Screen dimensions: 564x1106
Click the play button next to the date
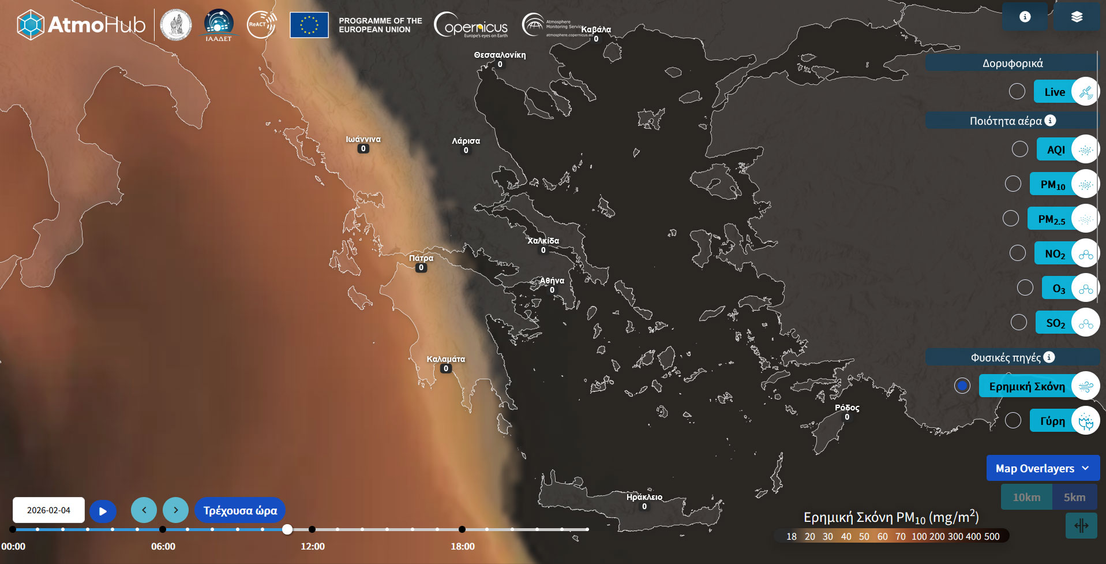pos(103,511)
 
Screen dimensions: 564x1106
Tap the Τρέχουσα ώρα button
pos(240,510)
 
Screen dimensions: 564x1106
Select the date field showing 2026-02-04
pos(48,510)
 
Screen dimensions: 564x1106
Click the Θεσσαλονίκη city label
pos(500,55)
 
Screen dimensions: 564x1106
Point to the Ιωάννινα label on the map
pos(363,140)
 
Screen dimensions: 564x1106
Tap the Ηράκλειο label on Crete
pos(644,497)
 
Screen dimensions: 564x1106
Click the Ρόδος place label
pos(847,408)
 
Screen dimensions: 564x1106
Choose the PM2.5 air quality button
pos(1051,219)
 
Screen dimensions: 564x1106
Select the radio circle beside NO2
pos(1017,253)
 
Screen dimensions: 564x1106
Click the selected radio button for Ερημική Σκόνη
pos(962,386)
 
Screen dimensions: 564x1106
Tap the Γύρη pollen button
pos(1052,421)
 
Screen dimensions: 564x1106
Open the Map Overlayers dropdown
pos(1043,468)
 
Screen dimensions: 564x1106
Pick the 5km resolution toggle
pos(1074,497)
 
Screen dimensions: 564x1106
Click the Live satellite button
pos(1055,92)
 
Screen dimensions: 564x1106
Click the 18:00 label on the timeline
pos(463,546)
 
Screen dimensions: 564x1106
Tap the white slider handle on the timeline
pos(287,529)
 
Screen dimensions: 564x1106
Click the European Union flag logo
pos(309,25)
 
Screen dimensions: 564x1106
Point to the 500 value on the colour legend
pos(992,536)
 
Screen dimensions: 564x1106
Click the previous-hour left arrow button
pos(144,510)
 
